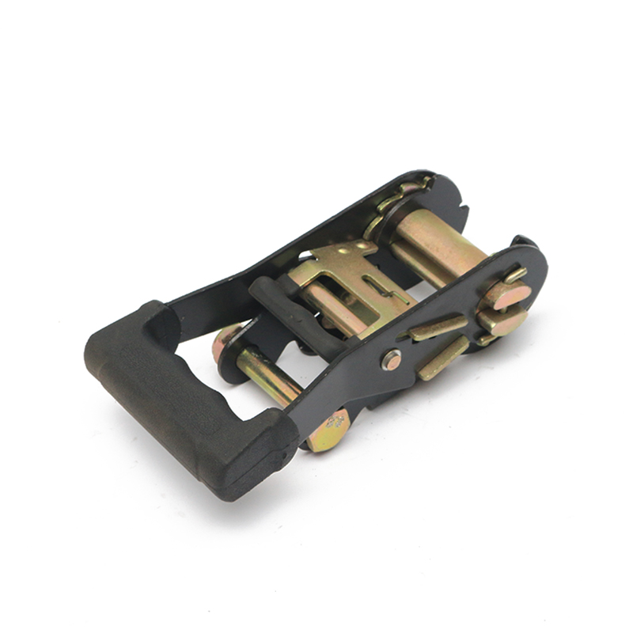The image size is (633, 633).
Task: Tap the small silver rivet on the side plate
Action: (391, 360)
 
